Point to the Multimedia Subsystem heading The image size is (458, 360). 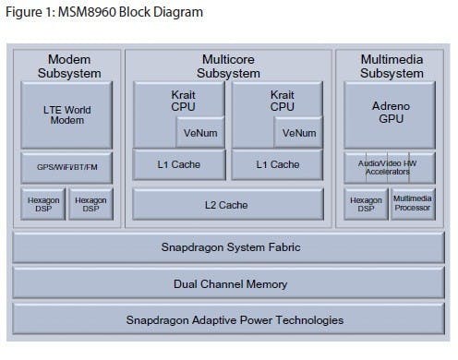[392, 65]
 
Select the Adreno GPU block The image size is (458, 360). [389, 114]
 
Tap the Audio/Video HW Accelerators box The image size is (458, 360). [389, 167]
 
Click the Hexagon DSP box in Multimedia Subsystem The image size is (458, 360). [366, 204]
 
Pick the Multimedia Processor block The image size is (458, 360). [412, 204]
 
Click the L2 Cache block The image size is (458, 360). [228, 204]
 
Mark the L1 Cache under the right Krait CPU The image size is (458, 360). [277, 164]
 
